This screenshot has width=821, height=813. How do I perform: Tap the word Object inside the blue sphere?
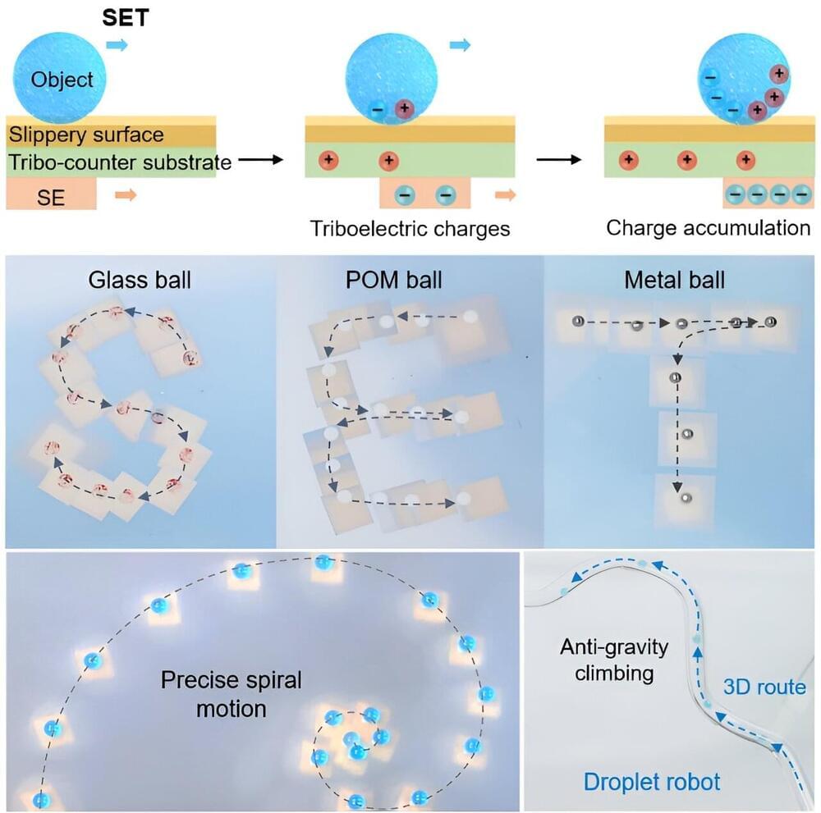62,80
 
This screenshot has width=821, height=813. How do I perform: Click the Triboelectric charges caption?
410,228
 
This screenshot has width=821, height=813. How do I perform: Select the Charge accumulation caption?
708,227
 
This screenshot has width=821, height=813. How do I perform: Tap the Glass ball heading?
140,280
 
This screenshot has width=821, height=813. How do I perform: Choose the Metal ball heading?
674,280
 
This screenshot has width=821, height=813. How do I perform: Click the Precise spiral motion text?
232,693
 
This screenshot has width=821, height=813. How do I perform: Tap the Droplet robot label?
652,781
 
